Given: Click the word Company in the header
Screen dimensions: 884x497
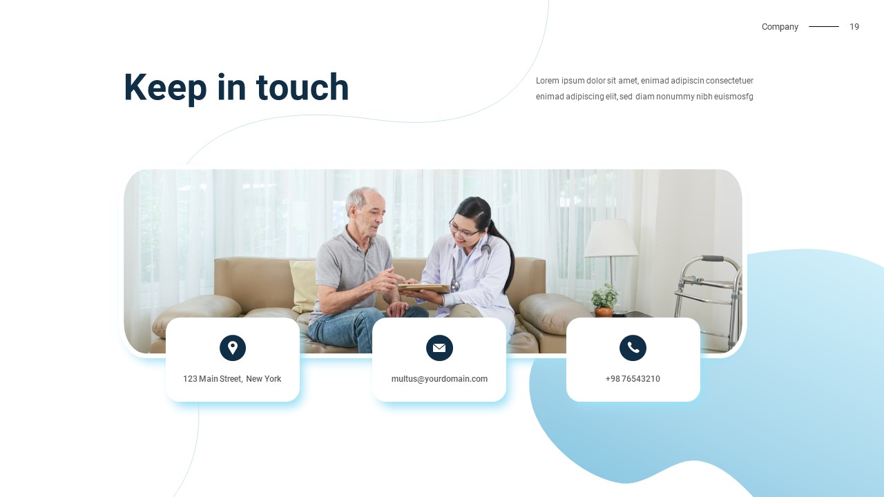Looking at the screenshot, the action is tap(780, 27).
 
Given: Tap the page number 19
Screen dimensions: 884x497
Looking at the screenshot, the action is tap(854, 26).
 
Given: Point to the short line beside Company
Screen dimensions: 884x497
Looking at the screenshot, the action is tap(824, 26).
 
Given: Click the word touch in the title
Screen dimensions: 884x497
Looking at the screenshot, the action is tap(302, 87).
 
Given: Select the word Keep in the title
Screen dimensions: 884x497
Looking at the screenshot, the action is tap(165, 89).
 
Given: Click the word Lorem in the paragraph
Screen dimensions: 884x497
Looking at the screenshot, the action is tap(548, 81).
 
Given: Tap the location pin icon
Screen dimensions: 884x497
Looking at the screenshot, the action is tap(233, 347).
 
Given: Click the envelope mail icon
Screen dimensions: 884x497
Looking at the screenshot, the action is tap(439, 347).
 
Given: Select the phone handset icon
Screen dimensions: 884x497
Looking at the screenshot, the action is tap(633, 347).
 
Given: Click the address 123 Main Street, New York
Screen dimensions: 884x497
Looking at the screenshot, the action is tap(232, 379).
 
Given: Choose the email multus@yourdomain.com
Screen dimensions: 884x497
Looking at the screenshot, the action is tap(439, 379).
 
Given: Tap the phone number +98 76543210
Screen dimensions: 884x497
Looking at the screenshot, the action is tap(633, 379).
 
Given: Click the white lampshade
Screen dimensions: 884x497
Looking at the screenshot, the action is tap(611, 238).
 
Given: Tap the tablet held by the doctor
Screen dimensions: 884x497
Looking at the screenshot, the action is tap(424, 288).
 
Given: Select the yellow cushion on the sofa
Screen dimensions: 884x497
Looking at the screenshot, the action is tap(303, 286).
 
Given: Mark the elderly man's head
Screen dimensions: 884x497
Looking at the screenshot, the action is tap(365, 211).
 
